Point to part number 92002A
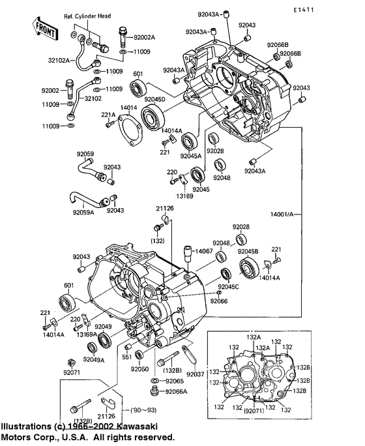pyautogui.click(x=145, y=38)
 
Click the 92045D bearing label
pyautogui.click(x=154, y=98)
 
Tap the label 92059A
pyautogui.click(x=83, y=212)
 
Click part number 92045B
pyautogui.click(x=248, y=251)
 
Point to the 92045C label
pyautogui.click(x=229, y=286)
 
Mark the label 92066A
pyautogui.click(x=175, y=391)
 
